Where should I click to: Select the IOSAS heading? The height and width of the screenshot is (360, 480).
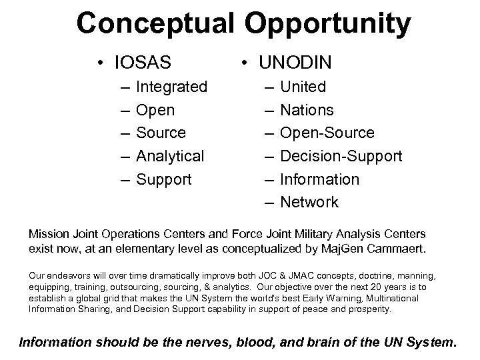[x=142, y=64]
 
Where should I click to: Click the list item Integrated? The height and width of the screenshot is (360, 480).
[x=171, y=87]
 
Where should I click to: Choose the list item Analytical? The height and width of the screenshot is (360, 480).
[x=170, y=156]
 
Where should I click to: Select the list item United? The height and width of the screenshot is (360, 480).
[x=303, y=87]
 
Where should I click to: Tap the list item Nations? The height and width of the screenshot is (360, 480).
[x=307, y=110]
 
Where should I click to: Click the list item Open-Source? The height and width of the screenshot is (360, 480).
[x=327, y=133]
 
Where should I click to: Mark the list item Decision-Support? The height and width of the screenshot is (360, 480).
[x=341, y=156]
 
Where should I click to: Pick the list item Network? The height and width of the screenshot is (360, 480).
[x=309, y=202]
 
